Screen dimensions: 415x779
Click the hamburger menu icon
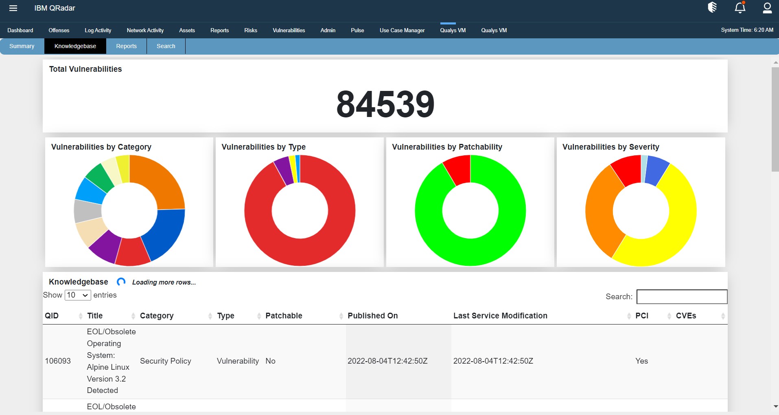[13, 8]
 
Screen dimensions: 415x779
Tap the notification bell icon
[740, 8]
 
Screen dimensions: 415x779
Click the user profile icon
[767, 8]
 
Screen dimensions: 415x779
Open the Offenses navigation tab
[59, 30]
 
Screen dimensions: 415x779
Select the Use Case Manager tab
[402, 30]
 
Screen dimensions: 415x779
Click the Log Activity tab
[98, 30]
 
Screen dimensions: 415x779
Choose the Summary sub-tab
[22, 46]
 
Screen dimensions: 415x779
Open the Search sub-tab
[166, 46]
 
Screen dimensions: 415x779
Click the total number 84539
[385, 104]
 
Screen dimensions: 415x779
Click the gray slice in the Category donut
[88, 210]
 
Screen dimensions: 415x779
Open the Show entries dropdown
[78, 295]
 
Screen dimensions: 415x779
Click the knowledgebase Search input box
[682, 297]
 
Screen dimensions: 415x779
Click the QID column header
[52, 316]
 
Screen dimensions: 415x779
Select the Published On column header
[372, 316]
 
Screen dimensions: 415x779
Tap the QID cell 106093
[58, 361]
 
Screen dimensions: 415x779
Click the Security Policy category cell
[165, 361]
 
